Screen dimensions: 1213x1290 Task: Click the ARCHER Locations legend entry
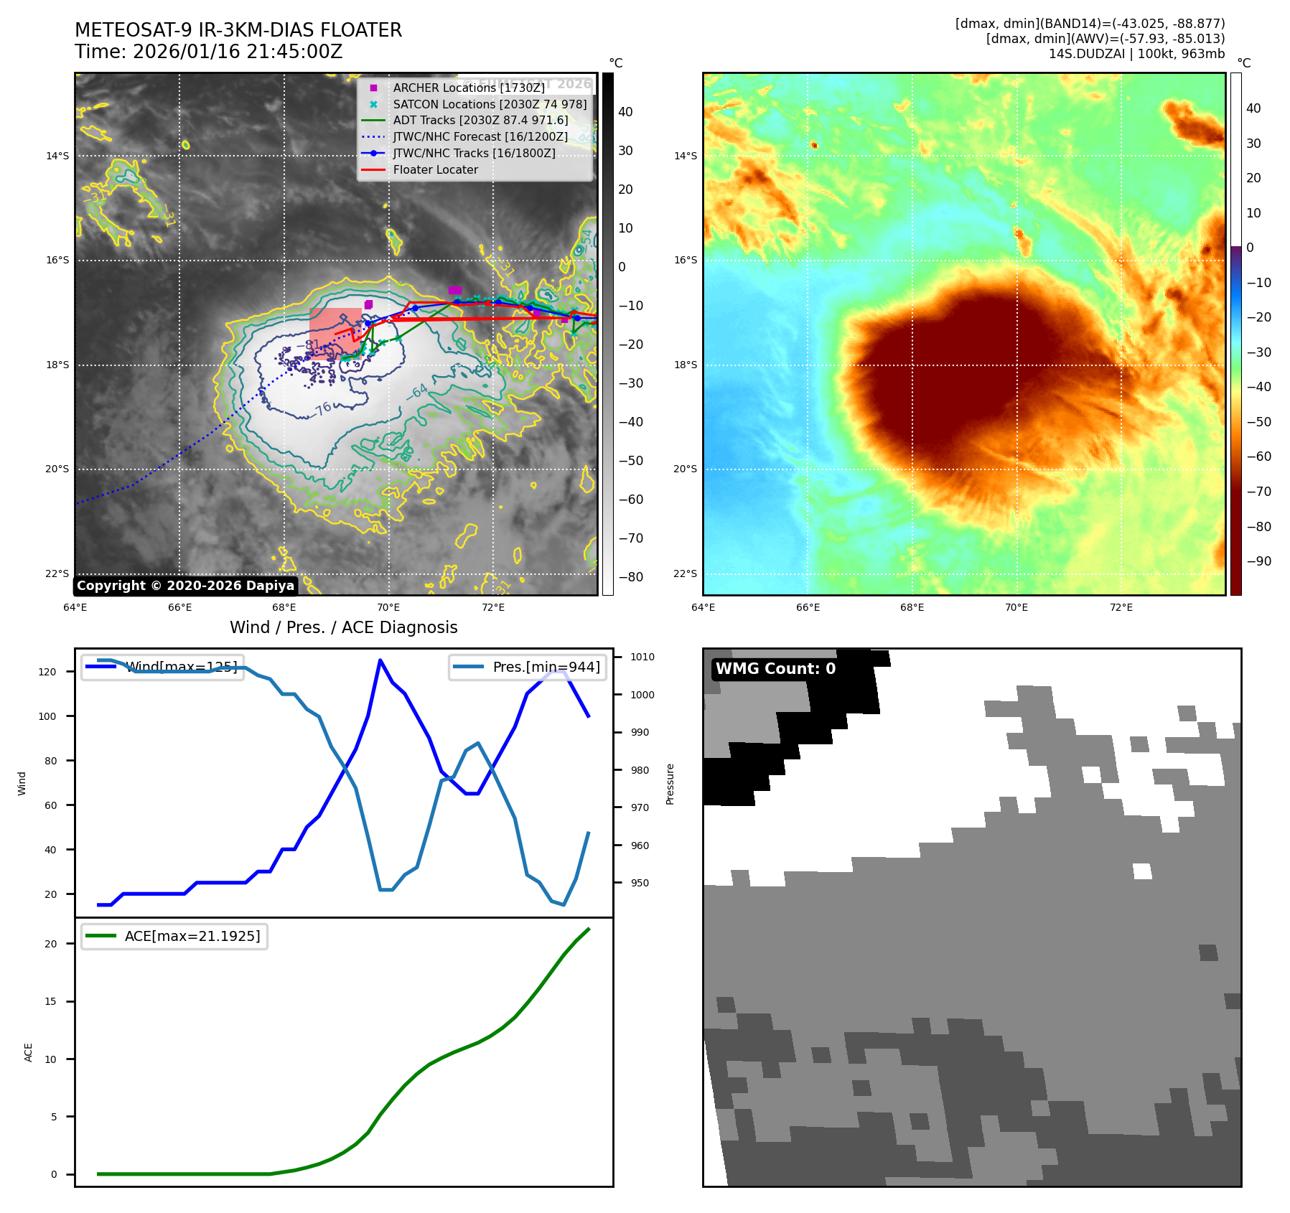469,88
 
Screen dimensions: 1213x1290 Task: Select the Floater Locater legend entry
435,169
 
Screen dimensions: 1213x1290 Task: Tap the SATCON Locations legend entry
490,104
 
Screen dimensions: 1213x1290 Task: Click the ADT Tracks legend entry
480,121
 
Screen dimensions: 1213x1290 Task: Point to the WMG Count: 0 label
775,669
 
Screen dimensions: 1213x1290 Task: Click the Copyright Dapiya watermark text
185,586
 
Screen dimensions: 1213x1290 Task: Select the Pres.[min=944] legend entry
546,667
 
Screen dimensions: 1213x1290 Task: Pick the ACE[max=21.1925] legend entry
192,936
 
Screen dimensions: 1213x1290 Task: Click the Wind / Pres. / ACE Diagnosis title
343,627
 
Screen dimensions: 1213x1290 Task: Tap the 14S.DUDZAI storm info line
1136,54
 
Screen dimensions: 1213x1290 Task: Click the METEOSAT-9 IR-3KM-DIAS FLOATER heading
238,30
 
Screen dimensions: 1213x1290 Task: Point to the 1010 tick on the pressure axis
642,657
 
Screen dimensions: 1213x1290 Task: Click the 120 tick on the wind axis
47,672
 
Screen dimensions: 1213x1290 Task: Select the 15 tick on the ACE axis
50,1001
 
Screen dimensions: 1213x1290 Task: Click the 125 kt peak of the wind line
380,660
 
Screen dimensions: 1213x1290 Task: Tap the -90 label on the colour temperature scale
1259,561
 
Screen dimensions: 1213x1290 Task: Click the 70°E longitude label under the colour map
1016,607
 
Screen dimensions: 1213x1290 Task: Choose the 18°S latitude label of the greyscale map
58,365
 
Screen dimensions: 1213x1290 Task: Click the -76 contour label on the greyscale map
322,408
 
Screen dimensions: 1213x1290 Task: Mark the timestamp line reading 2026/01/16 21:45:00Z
209,52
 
